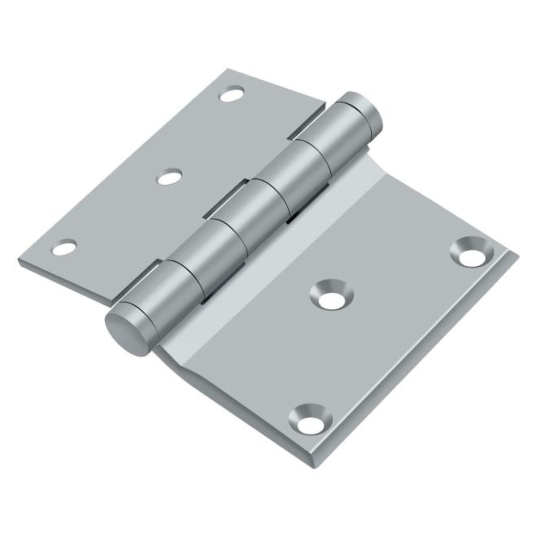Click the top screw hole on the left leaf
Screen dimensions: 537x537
(233, 94)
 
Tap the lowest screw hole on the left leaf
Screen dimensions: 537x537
(64, 247)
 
